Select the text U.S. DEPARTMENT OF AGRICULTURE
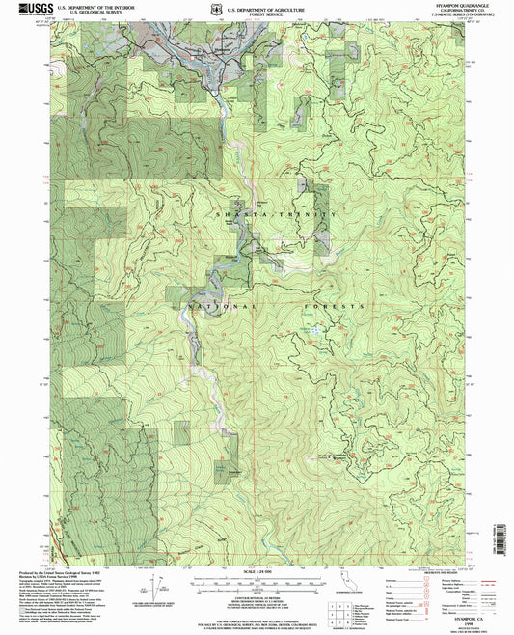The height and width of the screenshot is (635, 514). (x=273, y=6)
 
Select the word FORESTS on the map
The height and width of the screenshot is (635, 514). (x=341, y=305)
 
